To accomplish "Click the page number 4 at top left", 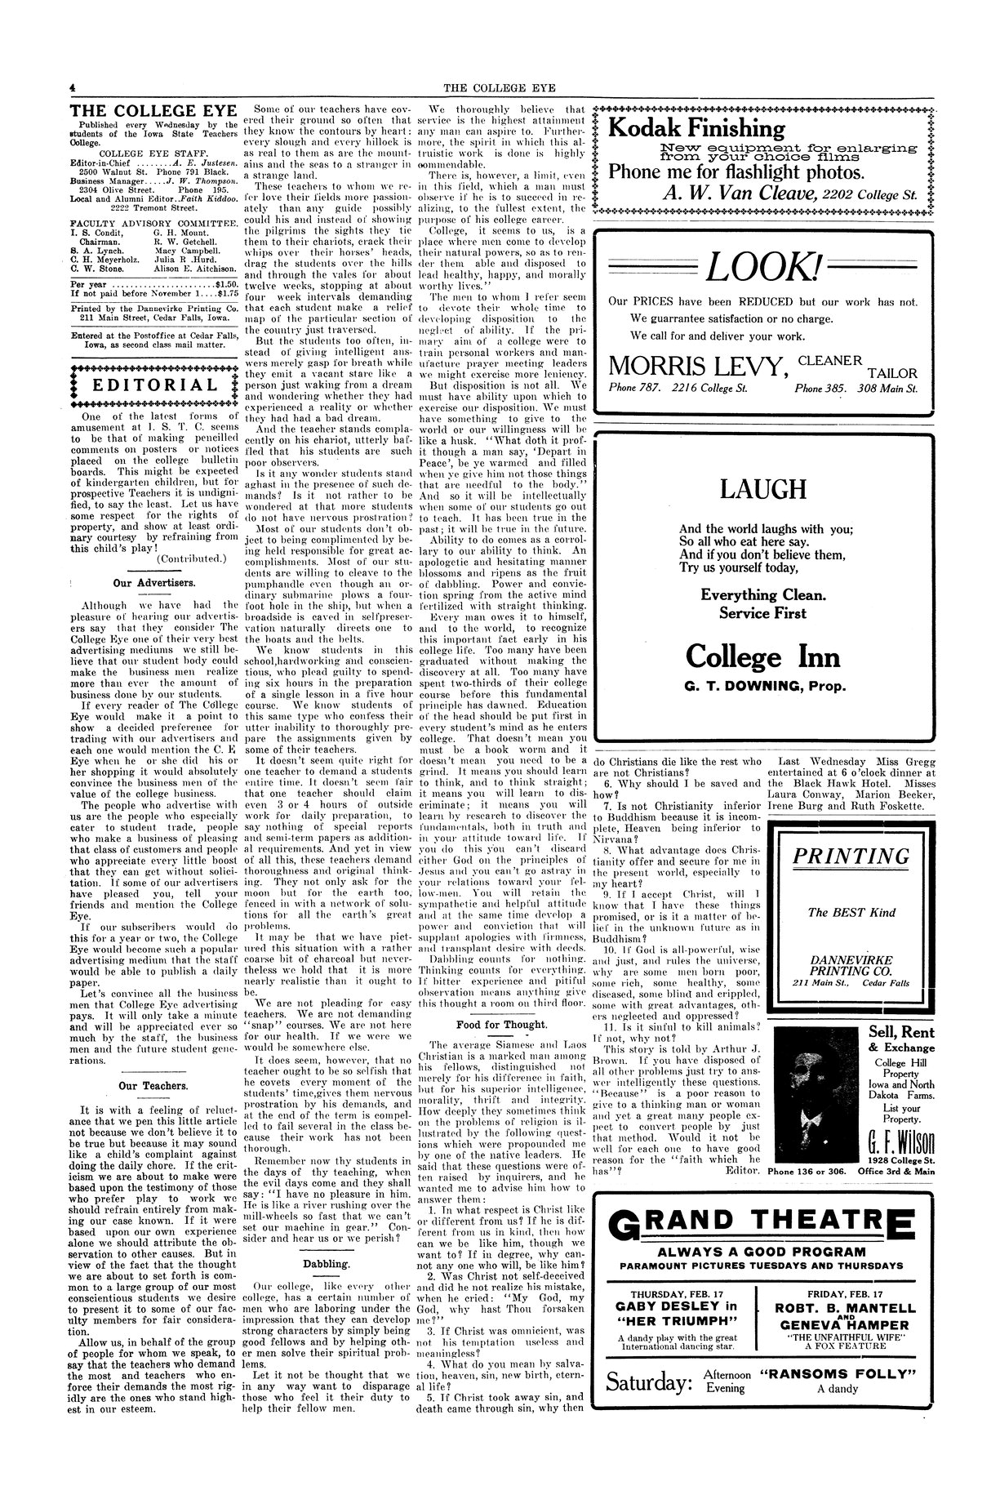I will click(x=73, y=87).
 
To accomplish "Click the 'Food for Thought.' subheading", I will click(x=502, y=1024).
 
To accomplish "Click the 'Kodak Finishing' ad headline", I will click(x=697, y=129).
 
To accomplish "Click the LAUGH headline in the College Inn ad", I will click(x=764, y=490).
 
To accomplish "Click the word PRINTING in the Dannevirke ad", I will click(x=851, y=857).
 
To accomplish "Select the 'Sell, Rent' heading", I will click(x=896, y=1033).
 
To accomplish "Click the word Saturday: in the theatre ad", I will click(x=650, y=1382).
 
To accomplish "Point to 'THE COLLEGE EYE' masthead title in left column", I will click(x=153, y=112).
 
